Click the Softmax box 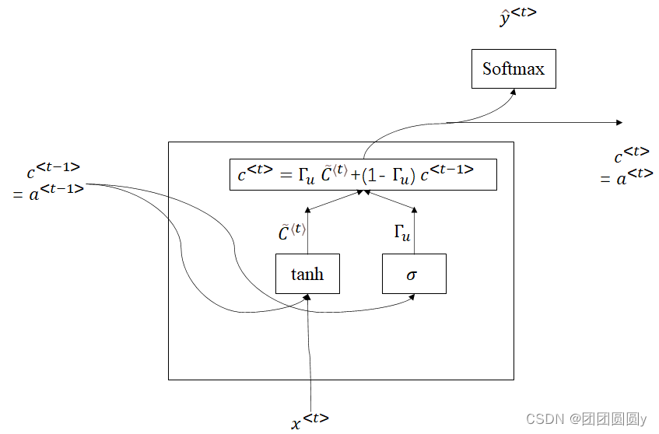coord(514,69)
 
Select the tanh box coord(307,274)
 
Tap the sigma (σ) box coord(414,274)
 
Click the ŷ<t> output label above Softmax coord(518,16)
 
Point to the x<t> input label coord(310,421)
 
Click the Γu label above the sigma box coord(402,233)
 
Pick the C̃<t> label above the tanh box coord(292,232)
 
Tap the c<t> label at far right coord(632,155)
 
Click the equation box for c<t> coord(363,174)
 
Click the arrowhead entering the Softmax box coord(514,92)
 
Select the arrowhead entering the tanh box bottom coord(308,297)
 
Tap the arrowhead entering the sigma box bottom coord(414,297)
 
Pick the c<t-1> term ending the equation coord(447,173)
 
